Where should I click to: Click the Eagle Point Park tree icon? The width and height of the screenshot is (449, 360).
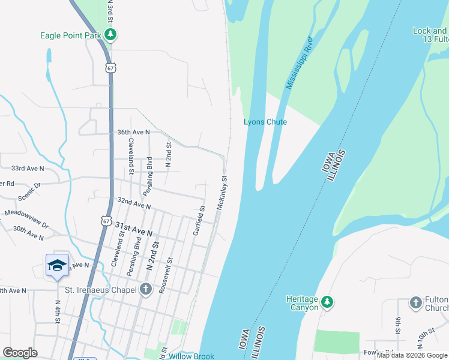click(x=110, y=35)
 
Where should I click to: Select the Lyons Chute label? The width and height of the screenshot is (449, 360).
click(x=265, y=122)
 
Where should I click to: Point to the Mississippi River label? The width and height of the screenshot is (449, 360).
click(x=300, y=63)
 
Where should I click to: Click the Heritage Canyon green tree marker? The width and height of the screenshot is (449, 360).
click(x=327, y=301)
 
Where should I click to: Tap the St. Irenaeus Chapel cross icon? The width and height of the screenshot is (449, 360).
click(x=145, y=290)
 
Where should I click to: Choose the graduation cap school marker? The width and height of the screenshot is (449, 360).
click(x=57, y=265)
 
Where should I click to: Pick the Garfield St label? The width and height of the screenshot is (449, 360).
click(x=199, y=221)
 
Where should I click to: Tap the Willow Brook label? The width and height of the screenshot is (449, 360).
click(x=191, y=356)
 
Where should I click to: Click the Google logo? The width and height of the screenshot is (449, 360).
click(x=20, y=353)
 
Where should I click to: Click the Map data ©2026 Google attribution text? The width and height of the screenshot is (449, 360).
click(x=412, y=355)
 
